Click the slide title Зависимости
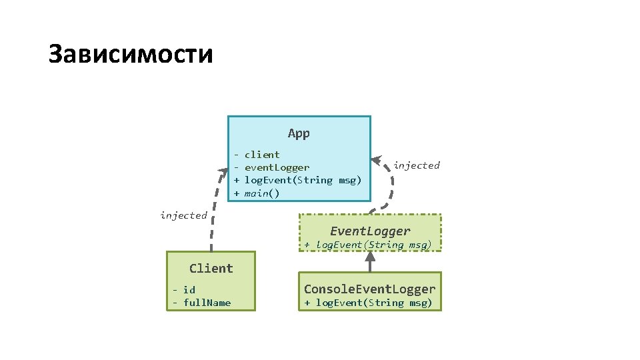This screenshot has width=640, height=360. pyautogui.click(x=131, y=54)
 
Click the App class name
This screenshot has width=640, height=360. pyautogui.click(x=299, y=133)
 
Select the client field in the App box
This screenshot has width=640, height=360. pyautogui.click(x=262, y=155)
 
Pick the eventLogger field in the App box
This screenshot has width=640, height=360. pyautogui.click(x=277, y=167)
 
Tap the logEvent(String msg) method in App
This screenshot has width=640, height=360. pyautogui.click(x=303, y=180)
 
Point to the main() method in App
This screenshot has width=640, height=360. pyautogui.click(x=262, y=193)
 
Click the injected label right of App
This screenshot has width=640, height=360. pyautogui.click(x=417, y=165)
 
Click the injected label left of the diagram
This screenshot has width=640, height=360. pyautogui.click(x=183, y=215)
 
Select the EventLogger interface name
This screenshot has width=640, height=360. pyautogui.click(x=370, y=231)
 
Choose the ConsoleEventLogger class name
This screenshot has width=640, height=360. pyautogui.click(x=370, y=289)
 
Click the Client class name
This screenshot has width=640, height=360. pyautogui.click(x=211, y=269)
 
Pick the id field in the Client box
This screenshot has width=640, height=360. pyautogui.click(x=189, y=289)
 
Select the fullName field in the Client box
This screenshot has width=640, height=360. pyautogui.click(x=207, y=303)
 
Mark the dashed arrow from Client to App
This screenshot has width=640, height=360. pyautogui.click(x=213, y=213)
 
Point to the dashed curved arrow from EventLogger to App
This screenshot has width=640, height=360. pyautogui.click(x=391, y=190)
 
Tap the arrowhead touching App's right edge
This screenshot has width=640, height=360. pyautogui.click(x=377, y=160)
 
